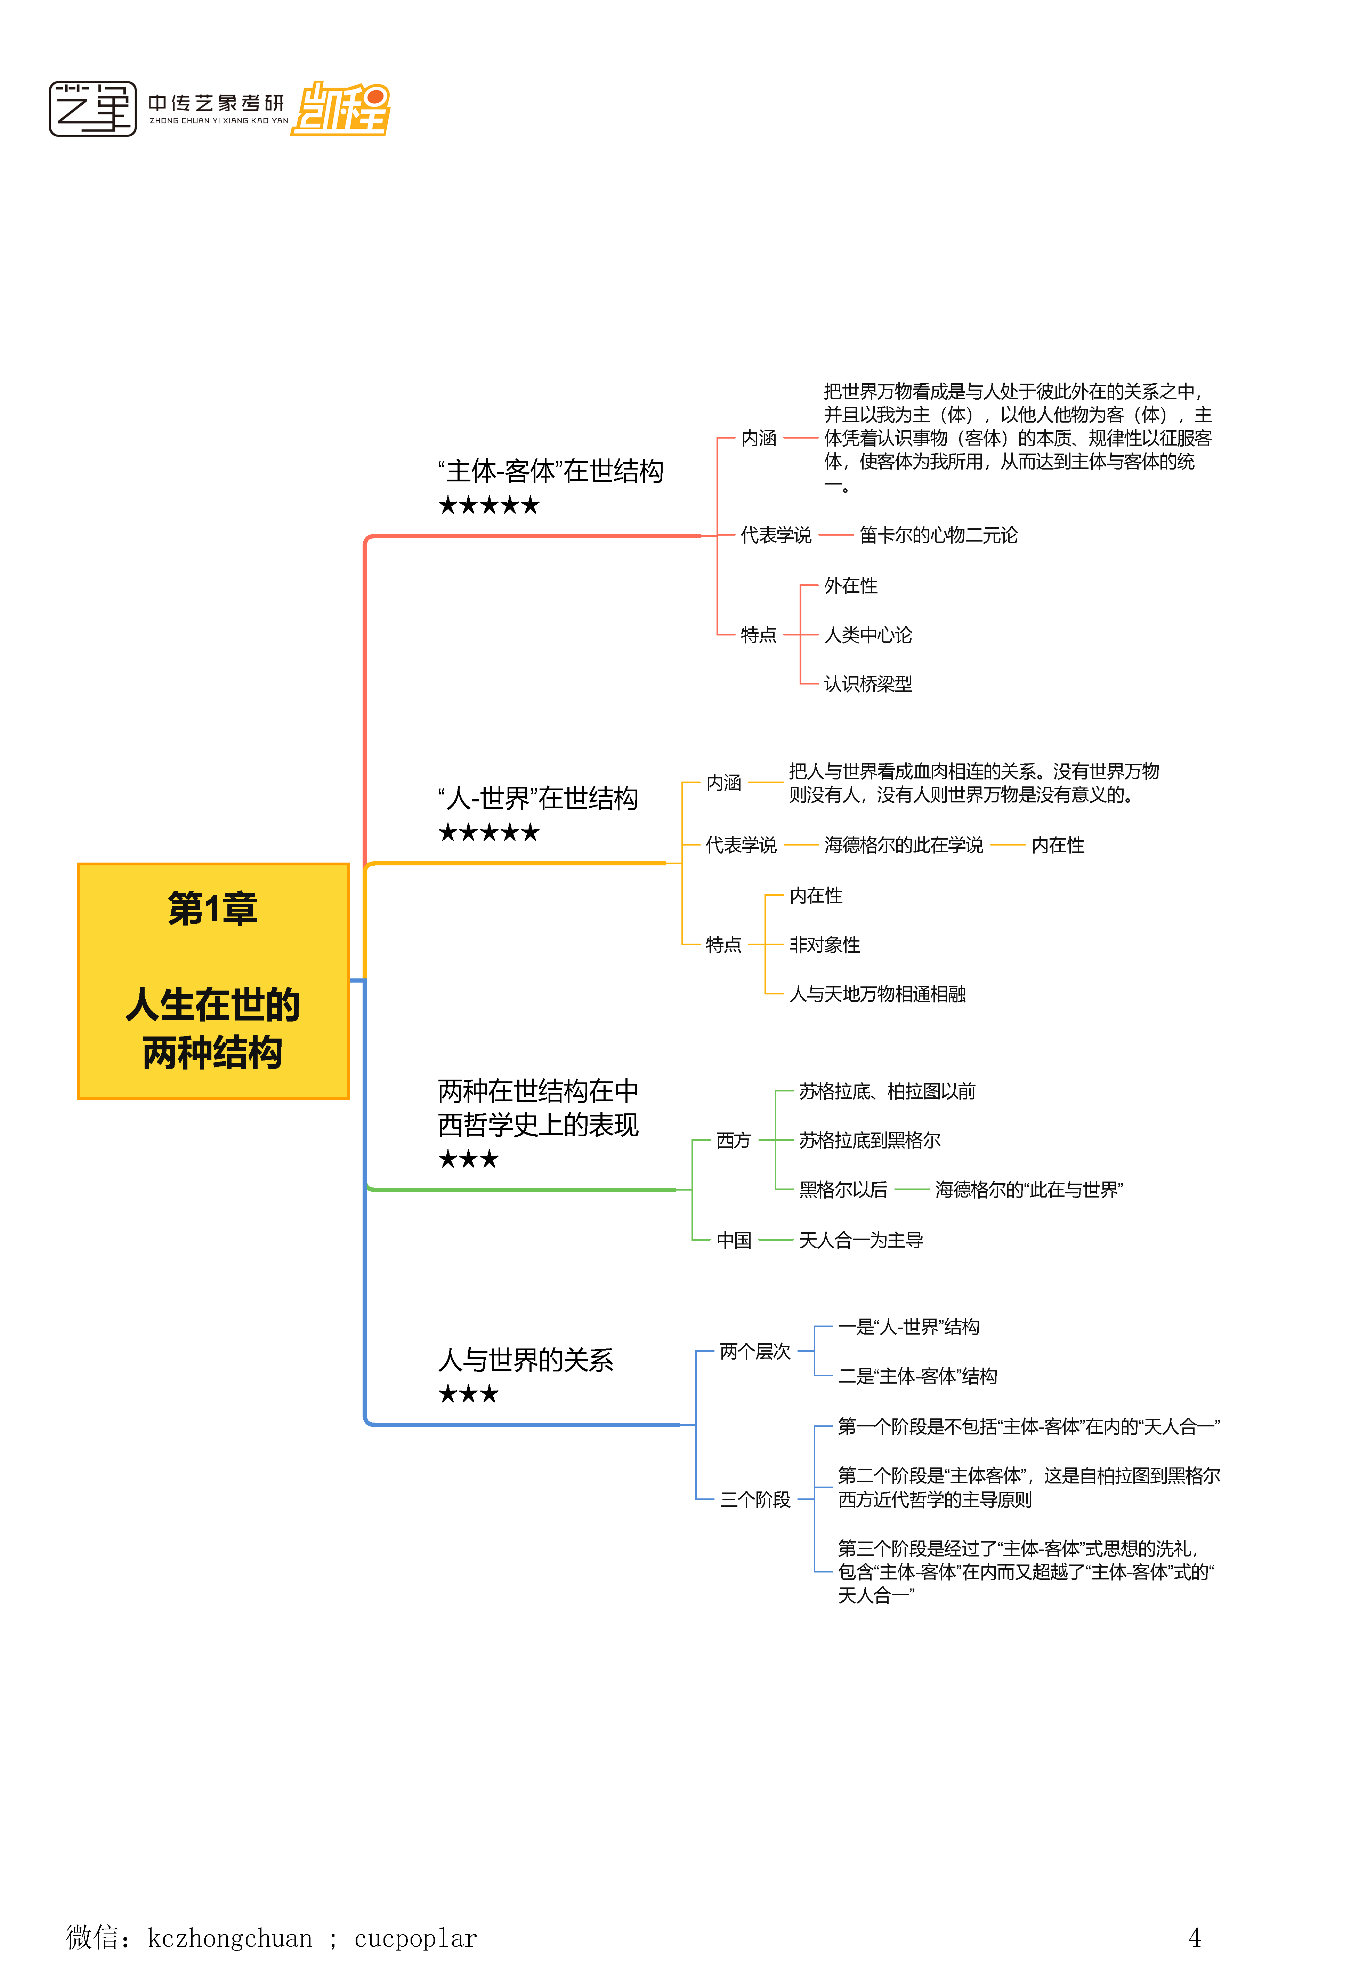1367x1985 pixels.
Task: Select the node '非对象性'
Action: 824,945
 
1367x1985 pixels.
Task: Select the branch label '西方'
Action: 733,1140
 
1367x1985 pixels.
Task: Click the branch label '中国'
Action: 733,1241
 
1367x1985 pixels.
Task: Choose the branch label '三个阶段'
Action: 754,1499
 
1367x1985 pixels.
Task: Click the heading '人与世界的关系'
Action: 525,1360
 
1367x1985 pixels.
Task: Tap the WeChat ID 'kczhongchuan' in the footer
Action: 229,1938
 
